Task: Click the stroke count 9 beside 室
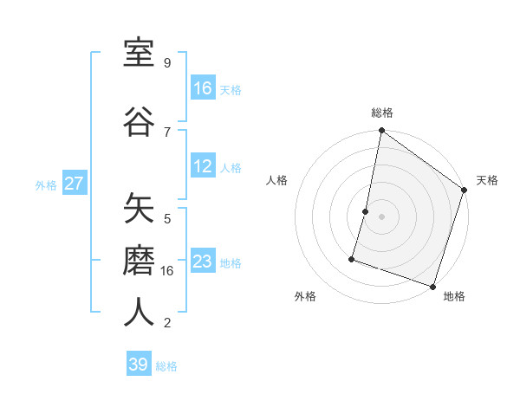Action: (x=166, y=63)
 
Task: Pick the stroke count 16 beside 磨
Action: (x=168, y=271)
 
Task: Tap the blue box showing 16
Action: (x=203, y=88)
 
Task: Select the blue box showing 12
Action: (x=203, y=166)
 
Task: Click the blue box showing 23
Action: (x=203, y=262)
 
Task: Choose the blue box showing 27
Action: (x=75, y=183)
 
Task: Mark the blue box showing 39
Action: (x=139, y=365)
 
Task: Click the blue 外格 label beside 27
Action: (x=46, y=184)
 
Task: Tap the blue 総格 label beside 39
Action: (x=166, y=366)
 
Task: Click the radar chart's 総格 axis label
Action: (x=382, y=113)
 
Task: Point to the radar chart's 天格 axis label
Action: (x=487, y=180)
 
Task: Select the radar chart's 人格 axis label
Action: (x=276, y=180)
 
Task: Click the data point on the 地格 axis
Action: (x=432, y=286)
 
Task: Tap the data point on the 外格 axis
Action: (x=353, y=258)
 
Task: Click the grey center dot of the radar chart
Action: (x=382, y=216)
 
